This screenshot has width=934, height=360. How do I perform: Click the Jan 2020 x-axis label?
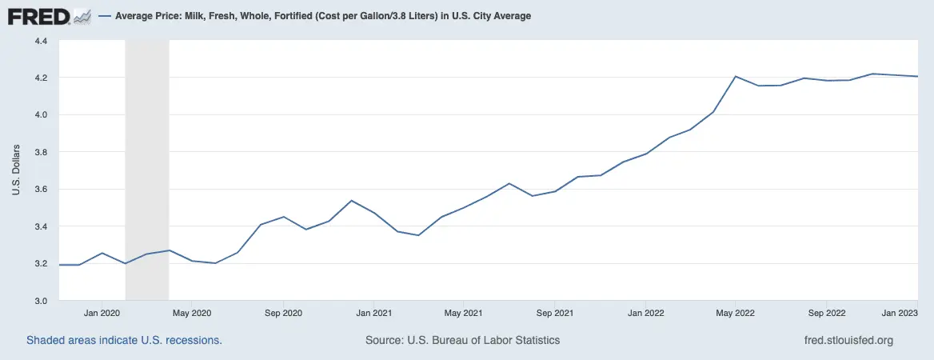(x=102, y=313)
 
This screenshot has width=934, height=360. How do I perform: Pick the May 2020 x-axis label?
(x=192, y=313)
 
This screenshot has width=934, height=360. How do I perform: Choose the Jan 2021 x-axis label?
(x=373, y=313)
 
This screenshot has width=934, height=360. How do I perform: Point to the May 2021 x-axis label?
(x=464, y=313)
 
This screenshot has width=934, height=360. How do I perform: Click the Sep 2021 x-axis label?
(x=555, y=313)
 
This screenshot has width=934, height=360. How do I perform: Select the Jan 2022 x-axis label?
(x=645, y=313)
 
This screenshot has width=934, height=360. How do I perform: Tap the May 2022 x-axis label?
(x=736, y=313)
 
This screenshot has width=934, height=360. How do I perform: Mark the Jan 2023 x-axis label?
(x=900, y=313)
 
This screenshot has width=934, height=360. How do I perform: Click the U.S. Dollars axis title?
(x=15, y=170)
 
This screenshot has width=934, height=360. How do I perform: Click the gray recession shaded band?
(x=147, y=160)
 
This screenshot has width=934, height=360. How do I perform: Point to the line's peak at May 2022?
(x=735, y=77)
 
